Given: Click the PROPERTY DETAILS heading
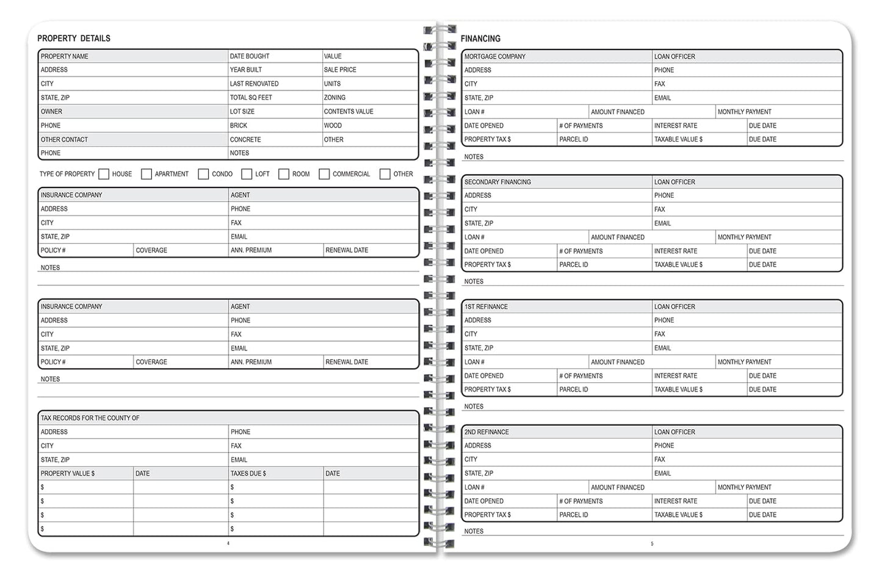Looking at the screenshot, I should (74, 38).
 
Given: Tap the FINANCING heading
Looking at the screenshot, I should (480, 38).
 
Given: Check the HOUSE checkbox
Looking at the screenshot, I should (104, 174).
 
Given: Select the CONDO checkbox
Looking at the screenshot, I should (203, 174).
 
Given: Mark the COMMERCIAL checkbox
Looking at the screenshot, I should (324, 174).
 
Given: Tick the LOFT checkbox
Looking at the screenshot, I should (247, 174).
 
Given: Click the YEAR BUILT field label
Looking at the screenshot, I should (246, 70).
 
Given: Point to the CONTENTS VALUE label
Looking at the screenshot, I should (349, 112).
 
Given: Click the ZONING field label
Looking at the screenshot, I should (334, 98).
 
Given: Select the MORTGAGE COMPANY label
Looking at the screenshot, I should (495, 56).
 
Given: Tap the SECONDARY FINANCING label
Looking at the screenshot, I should (497, 182).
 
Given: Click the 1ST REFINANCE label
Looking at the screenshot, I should (486, 306).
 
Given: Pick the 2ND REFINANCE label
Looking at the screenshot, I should (486, 432).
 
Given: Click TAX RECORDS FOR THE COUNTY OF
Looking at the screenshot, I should (90, 418).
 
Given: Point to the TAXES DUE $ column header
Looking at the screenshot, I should (248, 473).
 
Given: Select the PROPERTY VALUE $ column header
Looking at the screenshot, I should (68, 473).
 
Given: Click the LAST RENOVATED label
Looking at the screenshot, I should (254, 84).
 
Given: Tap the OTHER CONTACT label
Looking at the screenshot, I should (64, 139).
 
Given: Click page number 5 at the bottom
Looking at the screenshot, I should (652, 543).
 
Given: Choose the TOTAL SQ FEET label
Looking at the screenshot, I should (251, 98).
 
